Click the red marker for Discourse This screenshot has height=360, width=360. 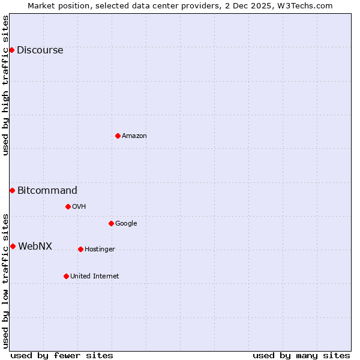pos(11,50)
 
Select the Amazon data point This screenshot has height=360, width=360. pos(118,136)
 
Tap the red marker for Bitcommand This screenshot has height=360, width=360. pos(12,190)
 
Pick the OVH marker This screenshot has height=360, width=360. pos(68,206)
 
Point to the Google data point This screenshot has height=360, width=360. pos(111,223)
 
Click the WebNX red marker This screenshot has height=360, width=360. pos(13,246)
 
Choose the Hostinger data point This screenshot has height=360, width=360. pos(80,249)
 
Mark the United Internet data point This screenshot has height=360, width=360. pos(66,276)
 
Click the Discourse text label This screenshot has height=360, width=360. pos(40,50)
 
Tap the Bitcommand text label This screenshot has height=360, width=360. pos(47,191)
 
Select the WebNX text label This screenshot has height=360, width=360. pos(35,247)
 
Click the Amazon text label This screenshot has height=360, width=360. pos(134,136)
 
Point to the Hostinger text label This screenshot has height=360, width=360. pos(100,250)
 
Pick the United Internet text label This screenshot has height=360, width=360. pos(94,277)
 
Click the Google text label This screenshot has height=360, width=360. pos(126,224)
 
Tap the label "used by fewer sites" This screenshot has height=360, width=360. pos(62,355)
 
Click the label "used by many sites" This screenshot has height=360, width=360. pos(301,355)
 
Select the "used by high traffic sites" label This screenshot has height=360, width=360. pos(5,85)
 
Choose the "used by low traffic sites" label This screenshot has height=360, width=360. pos(5,280)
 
